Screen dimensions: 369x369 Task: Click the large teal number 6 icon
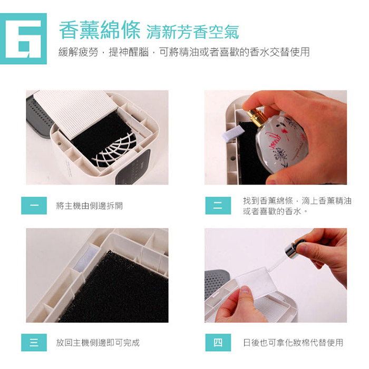(23, 38)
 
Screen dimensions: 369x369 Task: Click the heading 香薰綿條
(100, 31)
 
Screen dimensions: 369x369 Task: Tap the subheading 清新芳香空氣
(193, 32)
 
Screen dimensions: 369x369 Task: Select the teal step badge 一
(34, 206)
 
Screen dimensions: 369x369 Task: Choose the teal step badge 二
(218, 206)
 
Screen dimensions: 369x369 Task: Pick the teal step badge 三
(34, 343)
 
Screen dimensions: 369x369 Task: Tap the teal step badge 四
(218, 343)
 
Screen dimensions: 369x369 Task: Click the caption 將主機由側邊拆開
(90, 206)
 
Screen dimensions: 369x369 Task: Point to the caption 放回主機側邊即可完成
(98, 343)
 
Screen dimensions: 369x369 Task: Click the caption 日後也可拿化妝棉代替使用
(293, 343)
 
